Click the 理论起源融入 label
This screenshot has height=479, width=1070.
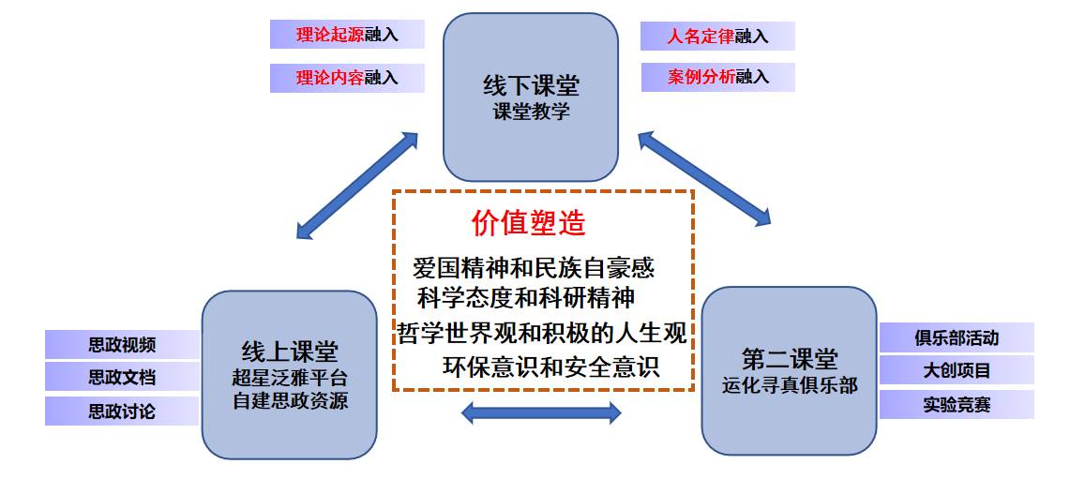[x=347, y=35]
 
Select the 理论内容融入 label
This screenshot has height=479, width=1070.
[x=347, y=78]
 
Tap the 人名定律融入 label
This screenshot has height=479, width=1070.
[x=717, y=37]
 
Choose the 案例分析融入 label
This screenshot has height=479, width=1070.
[x=717, y=78]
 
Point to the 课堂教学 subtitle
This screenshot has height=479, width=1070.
[x=531, y=112]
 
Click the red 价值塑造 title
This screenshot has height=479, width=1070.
[x=529, y=223]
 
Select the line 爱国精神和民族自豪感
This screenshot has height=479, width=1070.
[x=534, y=268]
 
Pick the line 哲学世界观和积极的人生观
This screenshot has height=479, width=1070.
[x=539, y=332]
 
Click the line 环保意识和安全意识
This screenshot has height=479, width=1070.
[x=550, y=366]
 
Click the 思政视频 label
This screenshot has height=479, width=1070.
[x=122, y=345]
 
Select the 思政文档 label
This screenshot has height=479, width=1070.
[x=122, y=378]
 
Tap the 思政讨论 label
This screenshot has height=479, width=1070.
[x=122, y=412]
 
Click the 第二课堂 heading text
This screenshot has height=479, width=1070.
[x=790, y=359]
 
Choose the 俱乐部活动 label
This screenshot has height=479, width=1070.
[x=957, y=337]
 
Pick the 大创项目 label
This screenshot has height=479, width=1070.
[x=957, y=370]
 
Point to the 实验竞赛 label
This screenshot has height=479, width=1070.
[x=957, y=405]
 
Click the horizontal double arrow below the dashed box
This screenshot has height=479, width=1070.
[x=542, y=412]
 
